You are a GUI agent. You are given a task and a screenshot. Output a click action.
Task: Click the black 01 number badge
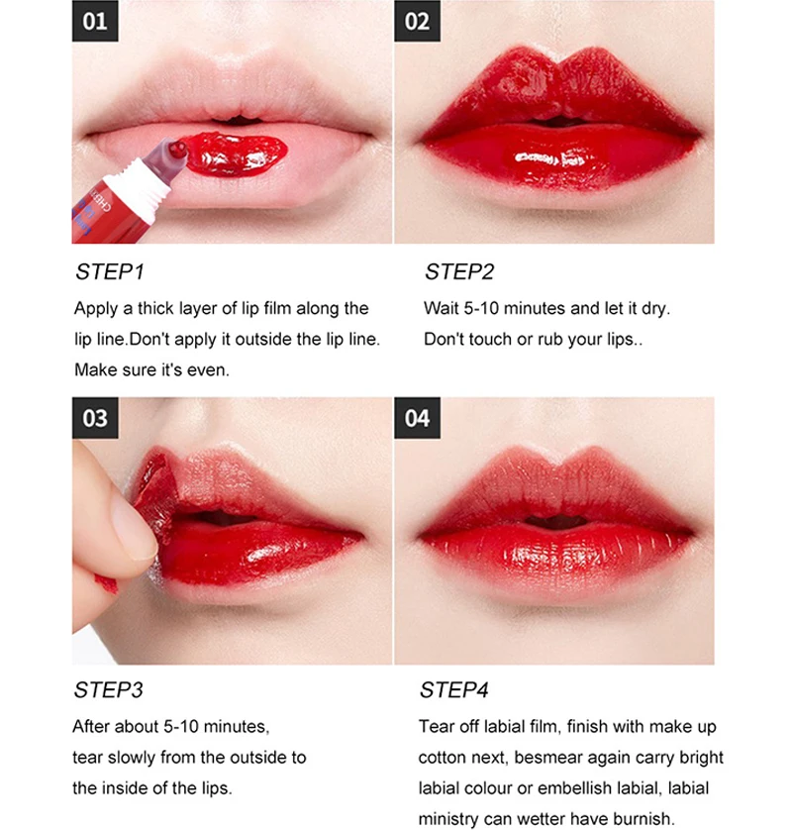point(95,21)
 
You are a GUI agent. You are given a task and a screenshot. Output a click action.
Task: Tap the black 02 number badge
point(418,21)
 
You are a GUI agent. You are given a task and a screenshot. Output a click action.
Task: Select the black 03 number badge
point(95,418)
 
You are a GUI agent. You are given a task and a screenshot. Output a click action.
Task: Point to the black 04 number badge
point(418,418)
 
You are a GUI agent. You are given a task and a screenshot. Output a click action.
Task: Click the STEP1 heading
point(110,272)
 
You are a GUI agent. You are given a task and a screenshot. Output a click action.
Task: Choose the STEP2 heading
point(459,272)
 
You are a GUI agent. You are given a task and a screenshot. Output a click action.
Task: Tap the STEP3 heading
point(109,690)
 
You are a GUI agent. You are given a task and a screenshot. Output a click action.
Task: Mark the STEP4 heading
point(454,690)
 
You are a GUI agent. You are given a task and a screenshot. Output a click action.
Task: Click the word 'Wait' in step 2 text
point(441,308)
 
